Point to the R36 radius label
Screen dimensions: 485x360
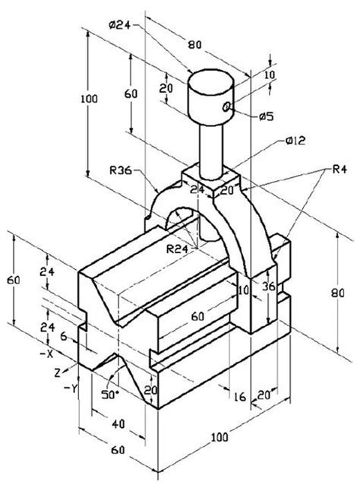pos(121,172)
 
